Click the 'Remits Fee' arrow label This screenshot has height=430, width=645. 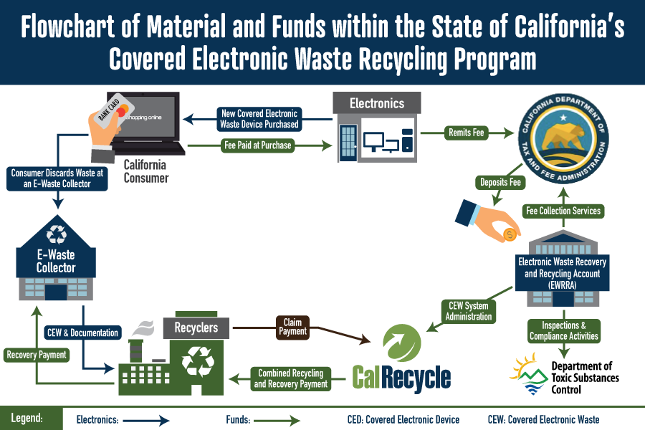[x=464, y=132]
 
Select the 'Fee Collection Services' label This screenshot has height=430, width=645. [x=563, y=211]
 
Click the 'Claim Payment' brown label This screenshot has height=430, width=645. [x=292, y=326]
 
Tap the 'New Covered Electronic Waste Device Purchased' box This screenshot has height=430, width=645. [x=258, y=119]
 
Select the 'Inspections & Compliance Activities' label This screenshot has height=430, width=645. [x=564, y=330]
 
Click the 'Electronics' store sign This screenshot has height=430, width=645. [x=377, y=104]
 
